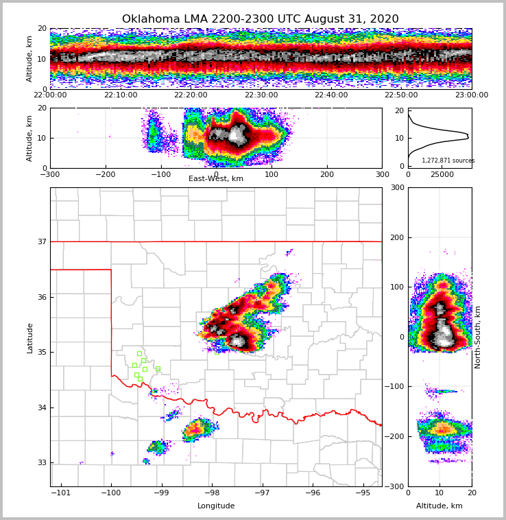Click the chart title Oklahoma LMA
pyautogui.click(x=260, y=19)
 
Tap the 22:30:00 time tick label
pyautogui.click(x=261, y=95)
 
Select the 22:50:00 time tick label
pyautogui.click(x=401, y=95)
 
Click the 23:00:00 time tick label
pyautogui.click(x=471, y=95)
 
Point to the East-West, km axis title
pyautogui.click(x=216, y=179)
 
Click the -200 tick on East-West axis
pyautogui.click(x=106, y=174)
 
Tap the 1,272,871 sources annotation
pyautogui.click(x=448, y=161)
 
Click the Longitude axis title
pyautogui.click(x=216, y=506)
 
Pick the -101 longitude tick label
pyautogui.click(x=60, y=493)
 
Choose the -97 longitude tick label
pyautogui.click(x=262, y=493)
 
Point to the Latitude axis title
pyautogui.click(x=30, y=338)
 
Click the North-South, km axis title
pyautogui.click(x=478, y=337)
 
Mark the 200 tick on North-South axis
pyautogui.click(x=398, y=237)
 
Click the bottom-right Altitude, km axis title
pyautogui.click(x=439, y=506)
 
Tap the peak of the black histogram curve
pyautogui.click(x=468, y=136)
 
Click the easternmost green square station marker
pyautogui.click(x=158, y=368)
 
